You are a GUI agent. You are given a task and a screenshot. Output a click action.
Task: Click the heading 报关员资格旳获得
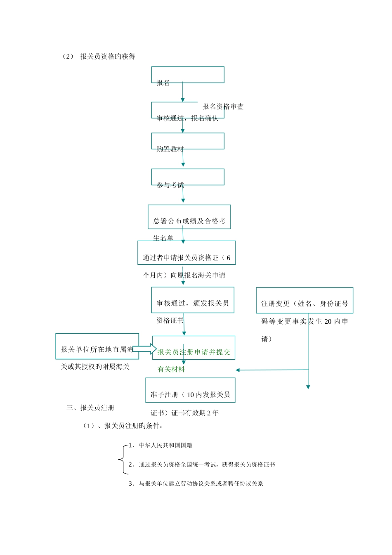(108, 57)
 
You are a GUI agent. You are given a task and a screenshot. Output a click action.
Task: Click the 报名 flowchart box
(188, 75)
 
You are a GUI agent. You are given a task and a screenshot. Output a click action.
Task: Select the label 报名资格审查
(223, 107)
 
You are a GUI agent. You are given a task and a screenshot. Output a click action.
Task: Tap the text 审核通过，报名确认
(187, 119)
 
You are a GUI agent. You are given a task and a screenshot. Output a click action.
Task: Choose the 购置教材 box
(188, 141)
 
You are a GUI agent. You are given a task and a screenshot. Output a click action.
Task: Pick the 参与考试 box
(188, 177)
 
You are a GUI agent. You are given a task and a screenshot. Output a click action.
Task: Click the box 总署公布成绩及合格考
(189, 217)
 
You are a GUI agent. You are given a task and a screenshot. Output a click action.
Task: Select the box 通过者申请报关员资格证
(187, 253)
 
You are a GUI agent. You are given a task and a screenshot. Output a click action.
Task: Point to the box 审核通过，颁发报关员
(193, 300)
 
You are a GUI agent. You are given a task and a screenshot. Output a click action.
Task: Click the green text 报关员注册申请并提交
(194, 352)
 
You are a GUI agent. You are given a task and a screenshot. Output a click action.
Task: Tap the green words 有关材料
(171, 370)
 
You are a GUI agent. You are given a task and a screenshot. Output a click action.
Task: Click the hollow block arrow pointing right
(144, 349)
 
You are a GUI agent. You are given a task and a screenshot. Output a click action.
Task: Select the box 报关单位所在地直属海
(97, 346)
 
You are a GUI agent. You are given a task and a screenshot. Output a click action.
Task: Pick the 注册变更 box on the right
(305, 300)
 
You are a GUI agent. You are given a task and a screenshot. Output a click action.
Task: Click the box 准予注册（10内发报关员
(190, 390)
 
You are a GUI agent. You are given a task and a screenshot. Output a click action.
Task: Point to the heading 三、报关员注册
(90, 408)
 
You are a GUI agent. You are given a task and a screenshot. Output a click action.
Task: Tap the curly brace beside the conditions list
(122, 459)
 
